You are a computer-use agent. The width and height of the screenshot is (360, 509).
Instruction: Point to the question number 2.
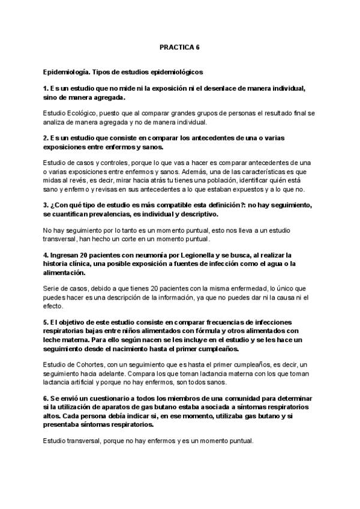tap(46, 137)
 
